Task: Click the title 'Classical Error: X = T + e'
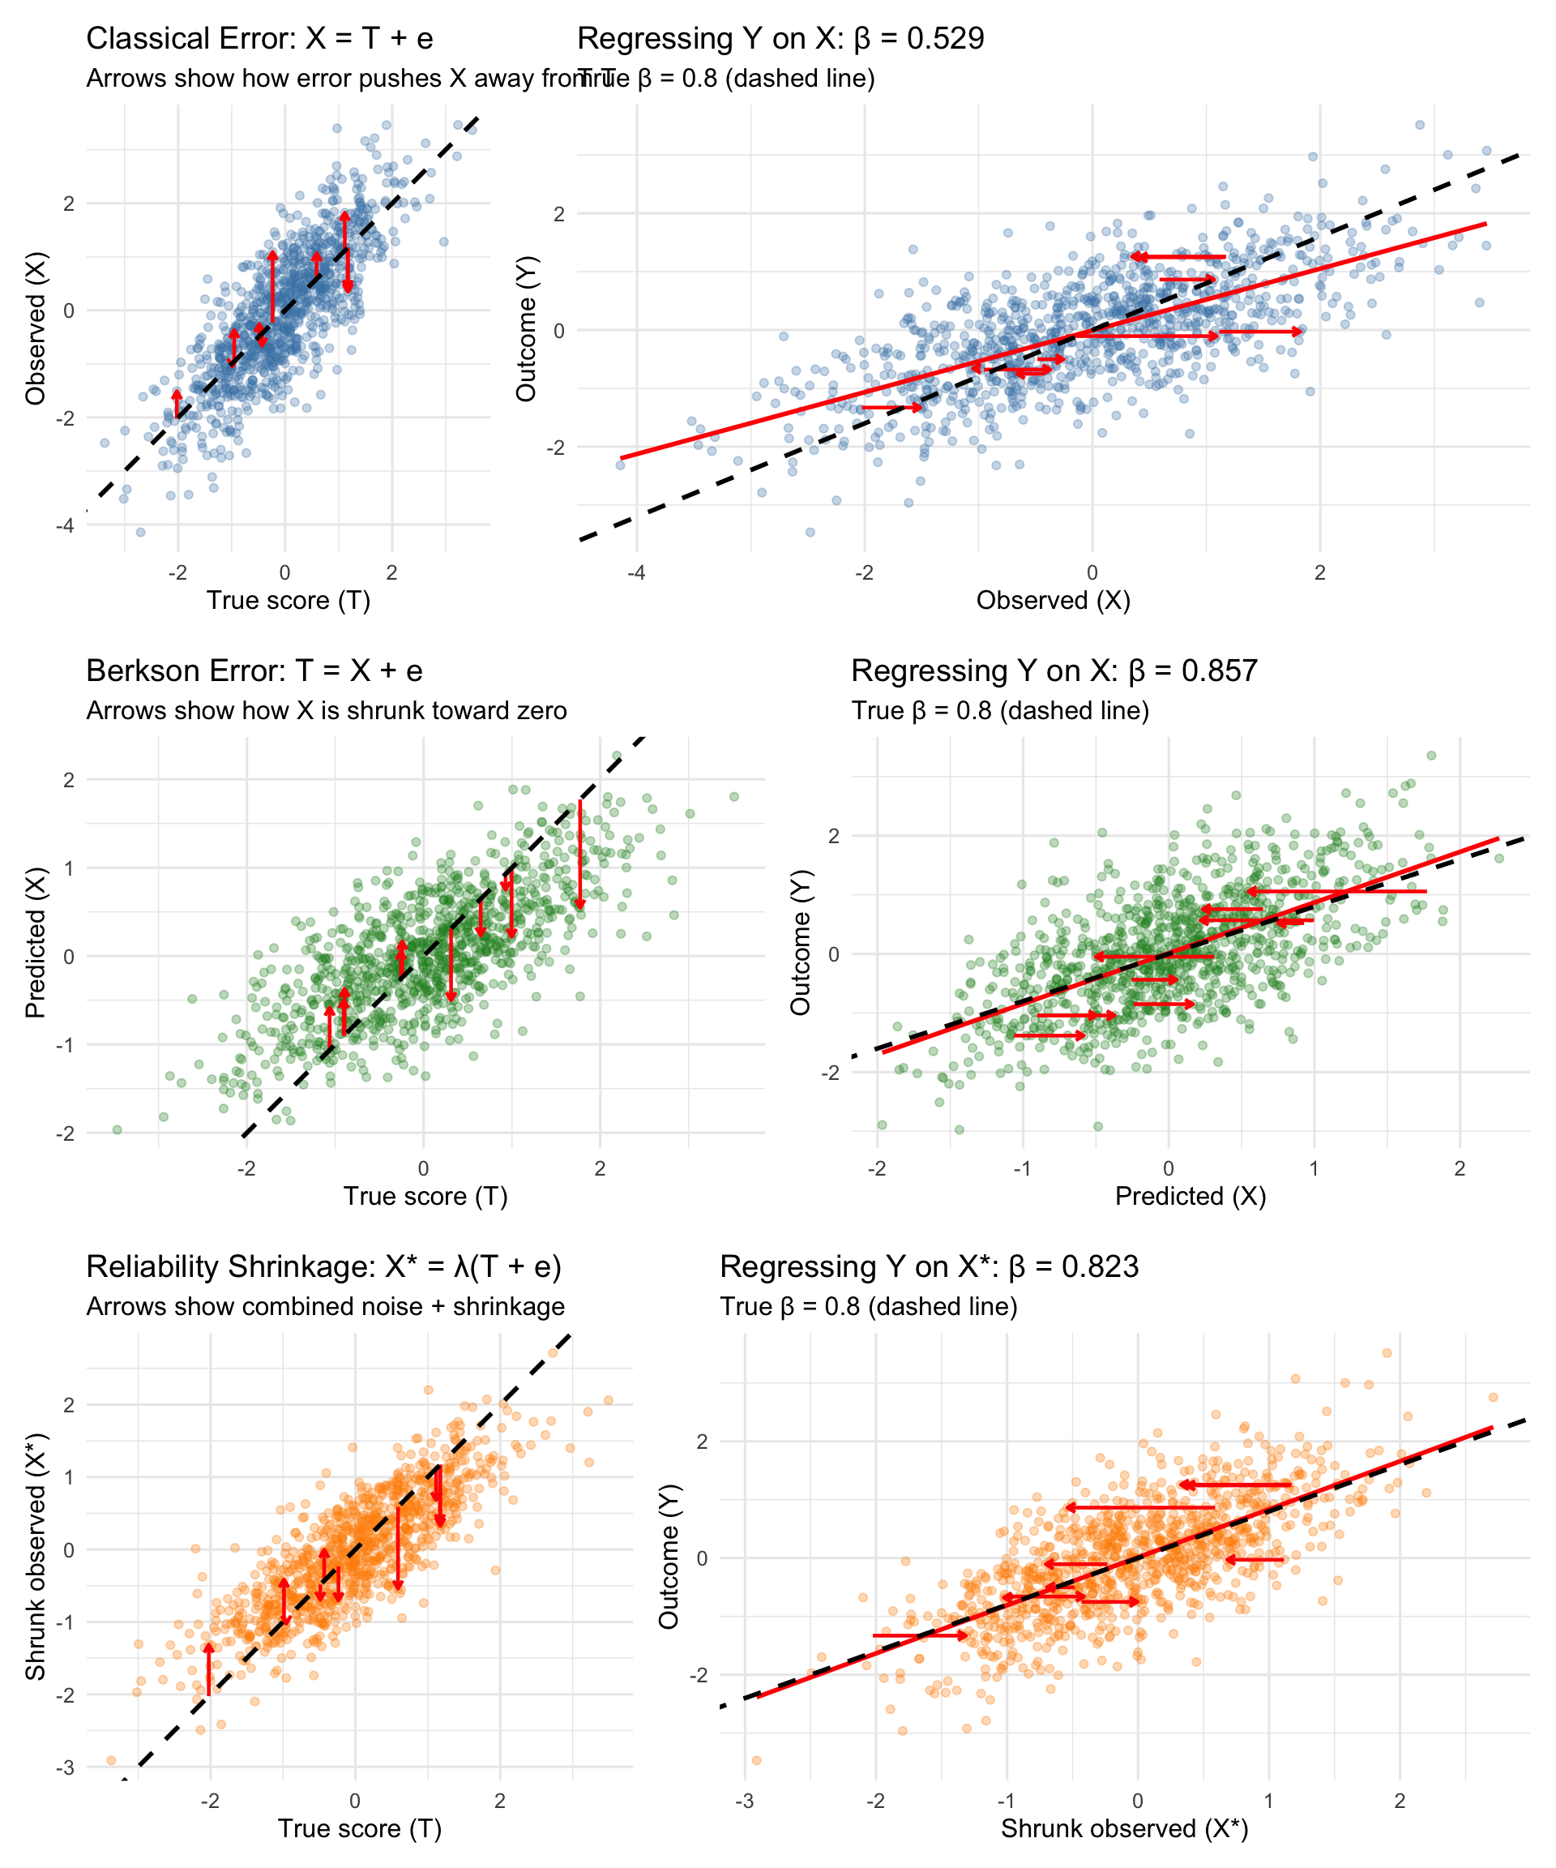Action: pos(259,39)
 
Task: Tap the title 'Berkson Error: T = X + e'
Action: pos(254,671)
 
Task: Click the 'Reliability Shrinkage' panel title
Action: pos(323,1266)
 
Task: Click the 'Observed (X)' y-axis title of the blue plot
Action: pos(36,328)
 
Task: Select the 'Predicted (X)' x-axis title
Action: pos(1191,1197)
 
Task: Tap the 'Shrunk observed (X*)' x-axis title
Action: pos(1125,1829)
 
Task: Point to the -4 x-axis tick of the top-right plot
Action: pos(637,573)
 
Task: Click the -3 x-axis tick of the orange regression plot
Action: pos(745,1802)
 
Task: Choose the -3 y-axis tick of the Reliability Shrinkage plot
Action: pos(65,1767)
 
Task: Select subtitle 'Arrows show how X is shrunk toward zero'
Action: pos(327,712)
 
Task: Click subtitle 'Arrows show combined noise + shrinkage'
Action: pos(326,1307)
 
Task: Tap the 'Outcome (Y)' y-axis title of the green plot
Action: pos(800,942)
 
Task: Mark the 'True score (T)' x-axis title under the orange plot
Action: pos(359,1829)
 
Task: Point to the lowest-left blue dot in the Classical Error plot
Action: pos(139,532)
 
